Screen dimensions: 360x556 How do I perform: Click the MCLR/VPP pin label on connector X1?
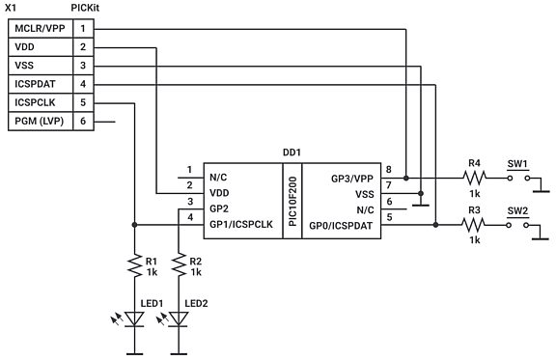39,28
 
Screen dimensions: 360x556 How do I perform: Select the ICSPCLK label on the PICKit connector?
36,101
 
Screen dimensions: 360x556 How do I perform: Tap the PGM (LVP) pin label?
40,121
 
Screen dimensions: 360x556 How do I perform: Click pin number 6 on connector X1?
83,121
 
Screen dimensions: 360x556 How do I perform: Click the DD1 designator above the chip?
292,152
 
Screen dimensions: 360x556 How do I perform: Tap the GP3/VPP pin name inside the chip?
352,179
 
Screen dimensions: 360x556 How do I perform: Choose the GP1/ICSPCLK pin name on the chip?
240,226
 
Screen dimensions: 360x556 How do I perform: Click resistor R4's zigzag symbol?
472,179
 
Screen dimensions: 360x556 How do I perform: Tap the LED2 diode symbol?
180,319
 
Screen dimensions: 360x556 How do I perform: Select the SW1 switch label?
517,163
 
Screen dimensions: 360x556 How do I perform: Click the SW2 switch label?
517,209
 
